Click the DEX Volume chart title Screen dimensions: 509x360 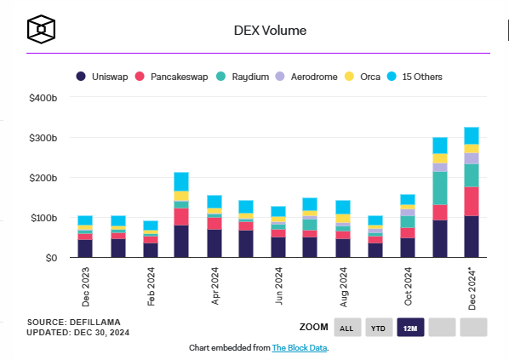(x=270, y=31)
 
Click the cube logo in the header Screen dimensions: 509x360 (x=41, y=29)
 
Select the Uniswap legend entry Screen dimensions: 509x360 (x=102, y=77)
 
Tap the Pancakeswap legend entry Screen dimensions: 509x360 (x=171, y=77)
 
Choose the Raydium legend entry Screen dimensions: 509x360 (x=243, y=77)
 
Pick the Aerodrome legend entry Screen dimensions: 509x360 (x=306, y=77)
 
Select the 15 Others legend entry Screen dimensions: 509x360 (x=415, y=77)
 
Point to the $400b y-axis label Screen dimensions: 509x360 (x=43, y=98)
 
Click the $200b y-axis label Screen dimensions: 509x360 (x=43, y=178)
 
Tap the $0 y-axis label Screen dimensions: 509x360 (x=51, y=258)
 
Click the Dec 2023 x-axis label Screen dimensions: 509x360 (x=86, y=287)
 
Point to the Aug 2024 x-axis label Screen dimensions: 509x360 (x=343, y=287)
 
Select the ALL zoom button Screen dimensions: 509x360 (x=347, y=327)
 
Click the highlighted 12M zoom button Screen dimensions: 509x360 (x=410, y=327)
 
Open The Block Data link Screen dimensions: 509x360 (x=300, y=348)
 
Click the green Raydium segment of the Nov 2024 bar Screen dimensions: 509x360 (x=440, y=188)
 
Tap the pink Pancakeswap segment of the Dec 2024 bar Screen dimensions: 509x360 (x=472, y=201)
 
